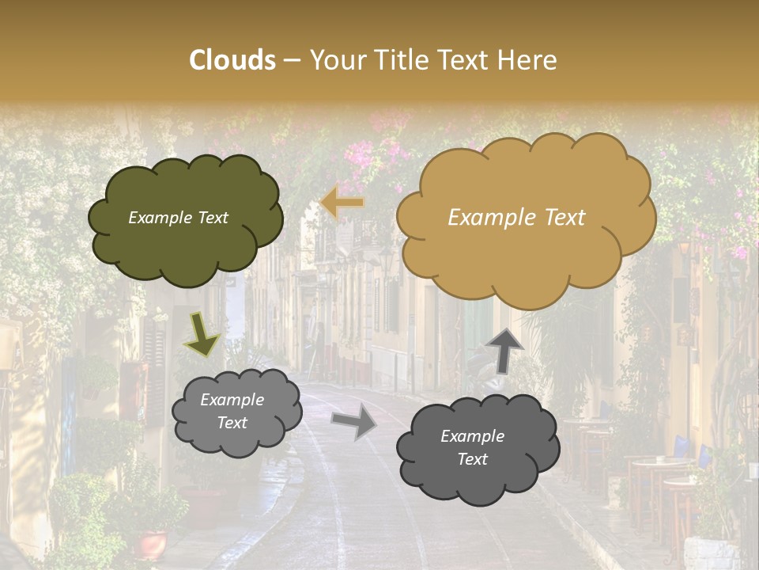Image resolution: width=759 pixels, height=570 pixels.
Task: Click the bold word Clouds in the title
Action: coord(232,60)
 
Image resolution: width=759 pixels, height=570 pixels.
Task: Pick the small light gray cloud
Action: coord(235,412)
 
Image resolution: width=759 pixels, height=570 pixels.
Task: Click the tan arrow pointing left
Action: coord(342,203)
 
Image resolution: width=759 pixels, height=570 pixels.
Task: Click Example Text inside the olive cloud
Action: coord(178,218)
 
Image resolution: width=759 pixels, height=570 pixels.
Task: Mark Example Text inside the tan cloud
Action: coord(516,218)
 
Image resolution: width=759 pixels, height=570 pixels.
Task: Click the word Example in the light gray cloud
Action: coord(232,400)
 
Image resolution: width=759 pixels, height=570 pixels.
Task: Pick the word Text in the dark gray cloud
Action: coord(472,459)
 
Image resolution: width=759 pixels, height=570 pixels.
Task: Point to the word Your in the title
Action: coord(332,60)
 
